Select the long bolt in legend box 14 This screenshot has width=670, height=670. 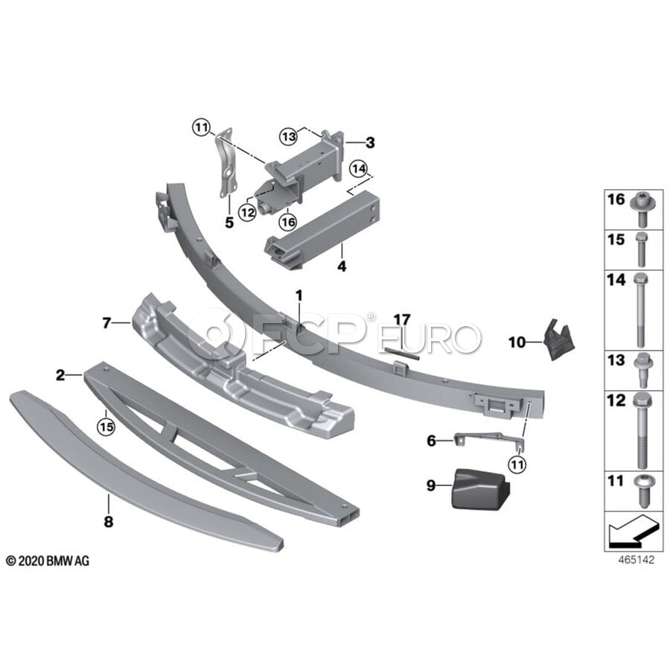point(639,310)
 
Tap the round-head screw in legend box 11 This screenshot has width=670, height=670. point(640,491)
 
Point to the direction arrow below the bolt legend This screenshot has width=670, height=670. point(632,531)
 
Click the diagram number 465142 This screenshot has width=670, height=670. point(636,560)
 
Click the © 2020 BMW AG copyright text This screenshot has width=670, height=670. point(48,561)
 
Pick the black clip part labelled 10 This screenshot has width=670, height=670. point(559,339)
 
